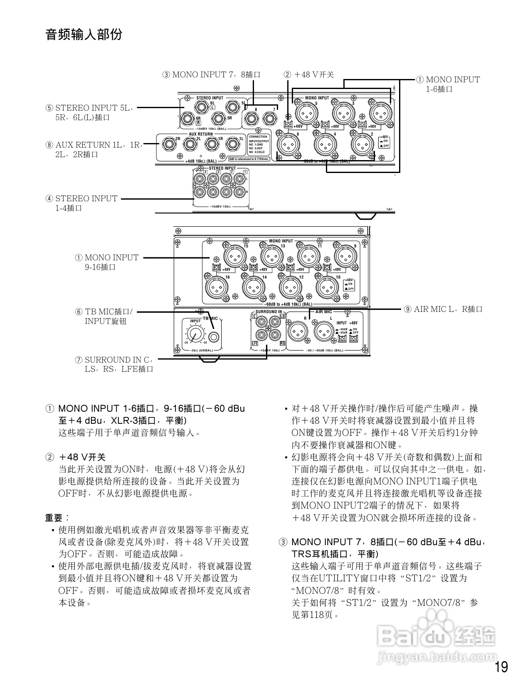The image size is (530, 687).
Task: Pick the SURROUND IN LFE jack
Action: (263, 334)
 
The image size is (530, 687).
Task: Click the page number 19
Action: (501, 667)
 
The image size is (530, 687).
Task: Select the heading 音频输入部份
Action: (84, 35)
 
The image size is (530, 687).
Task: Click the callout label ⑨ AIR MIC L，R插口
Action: (443, 309)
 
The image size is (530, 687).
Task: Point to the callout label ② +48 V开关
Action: (309, 75)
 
